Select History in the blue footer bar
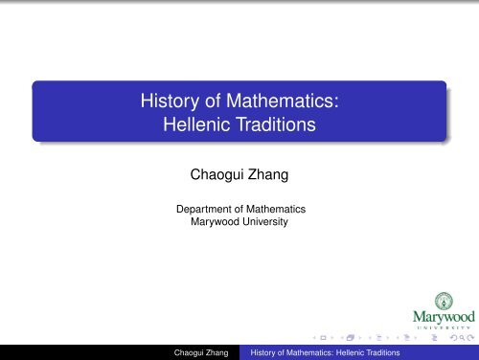266,351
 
